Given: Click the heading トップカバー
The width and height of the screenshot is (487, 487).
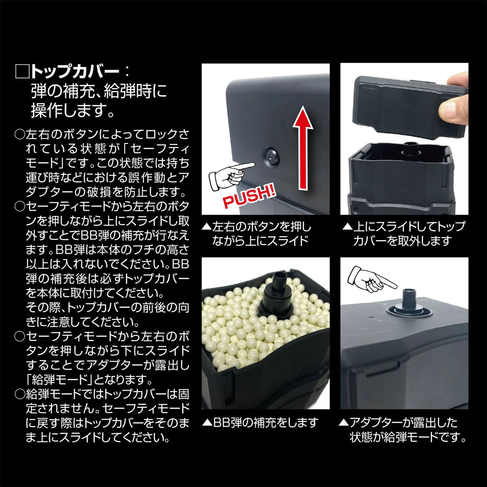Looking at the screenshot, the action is pyautogui.click(x=75, y=72).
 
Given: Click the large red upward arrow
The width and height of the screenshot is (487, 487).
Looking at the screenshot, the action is pyautogui.click(x=303, y=147).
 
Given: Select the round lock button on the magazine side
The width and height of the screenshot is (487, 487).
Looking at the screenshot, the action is pyautogui.click(x=271, y=157).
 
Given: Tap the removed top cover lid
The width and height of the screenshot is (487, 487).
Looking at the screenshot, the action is pyautogui.click(x=410, y=107).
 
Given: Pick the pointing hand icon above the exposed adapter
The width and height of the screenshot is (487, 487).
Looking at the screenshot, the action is pyautogui.click(x=372, y=279).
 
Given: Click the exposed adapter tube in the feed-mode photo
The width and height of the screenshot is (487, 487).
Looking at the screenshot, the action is pyautogui.click(x=410, y=300).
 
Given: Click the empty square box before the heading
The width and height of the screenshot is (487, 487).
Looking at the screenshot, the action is pyautogui.click(x=23, y=72).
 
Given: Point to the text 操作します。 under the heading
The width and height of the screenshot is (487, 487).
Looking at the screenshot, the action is pyautogui.click(x=73, y=110).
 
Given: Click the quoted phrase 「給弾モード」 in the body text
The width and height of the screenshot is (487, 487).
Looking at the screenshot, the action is pyautogui.click(x=58, y=380).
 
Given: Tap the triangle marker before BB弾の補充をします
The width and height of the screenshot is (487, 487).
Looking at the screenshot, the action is pyautogui.click(x=207, y=423).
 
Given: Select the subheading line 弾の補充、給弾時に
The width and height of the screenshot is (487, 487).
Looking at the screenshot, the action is pyautogui.click(x=99, y=91).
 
